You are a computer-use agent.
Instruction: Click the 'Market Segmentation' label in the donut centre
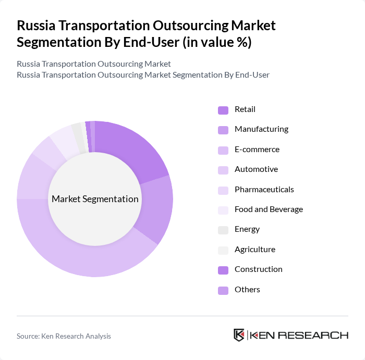tap(95, 199)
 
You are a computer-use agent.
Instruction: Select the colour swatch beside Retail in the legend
tap(223, 110)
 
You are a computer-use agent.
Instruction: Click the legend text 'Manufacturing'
tap(261, 129)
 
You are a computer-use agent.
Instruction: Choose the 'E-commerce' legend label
tap(257, 150)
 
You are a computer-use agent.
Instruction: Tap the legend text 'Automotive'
tap(256, 169)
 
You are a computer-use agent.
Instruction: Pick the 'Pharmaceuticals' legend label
tap(264, 190)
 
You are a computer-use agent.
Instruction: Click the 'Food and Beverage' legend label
tap(269, 209)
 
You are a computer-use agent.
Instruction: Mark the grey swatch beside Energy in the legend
tap(223, 230)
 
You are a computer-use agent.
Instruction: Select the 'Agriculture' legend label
tap(254, 250)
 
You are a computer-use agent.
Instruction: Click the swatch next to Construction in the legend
tap(223, 270)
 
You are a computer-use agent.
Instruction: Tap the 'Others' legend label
tap(247, 290)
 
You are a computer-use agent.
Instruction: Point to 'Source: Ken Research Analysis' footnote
tap(64, 336)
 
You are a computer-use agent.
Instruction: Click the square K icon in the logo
tap(239, 335)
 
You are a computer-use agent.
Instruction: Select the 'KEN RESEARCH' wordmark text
tap(299, 335)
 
